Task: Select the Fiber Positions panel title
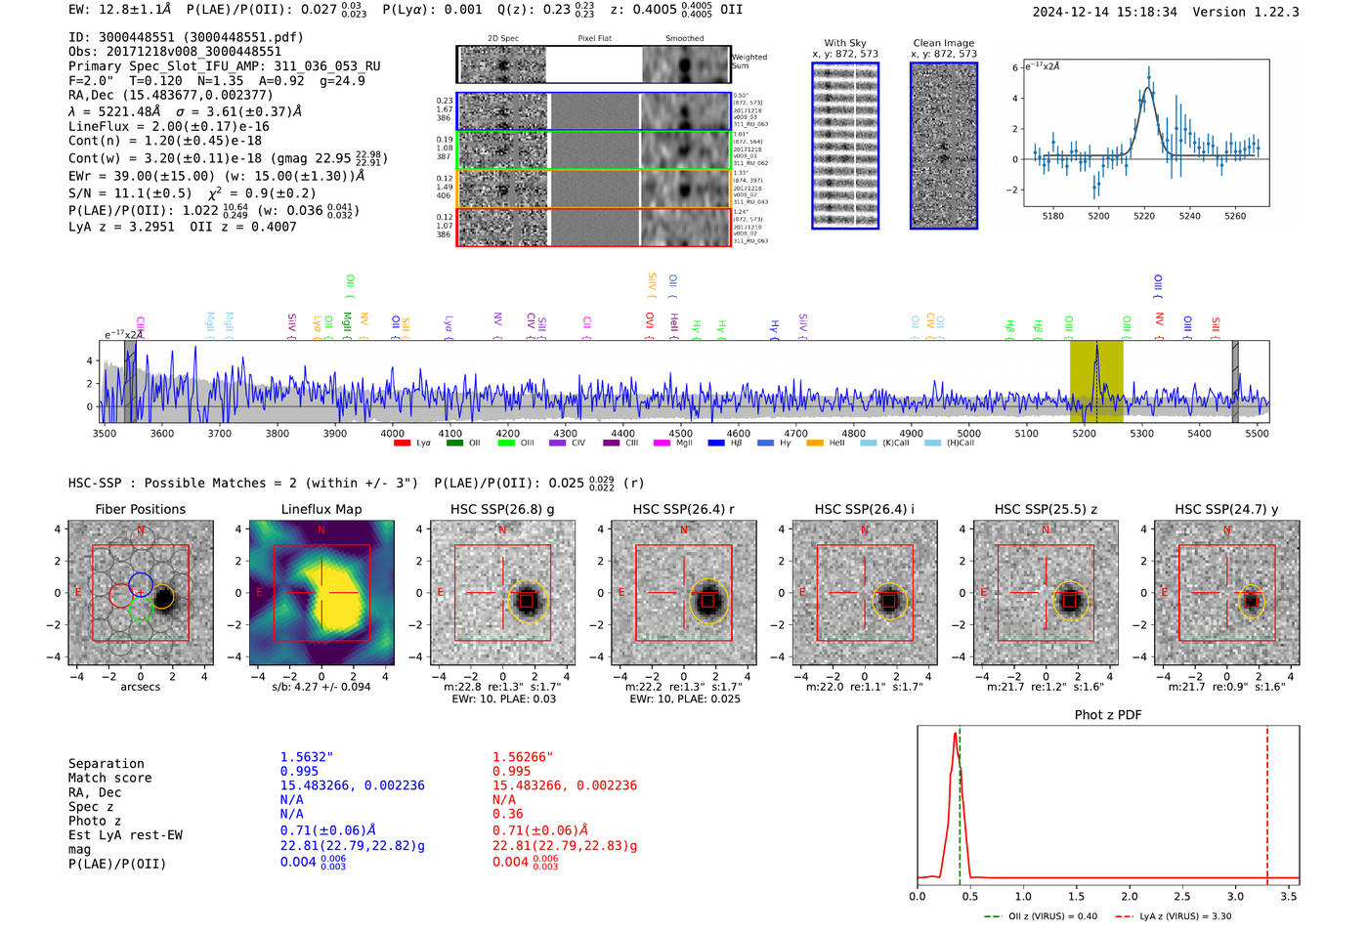pyautogui.click(x=140, y=509)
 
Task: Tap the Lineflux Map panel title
pyautogui.click(x=321, y=509)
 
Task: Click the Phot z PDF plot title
pyautogui.click(x=1108, y=715)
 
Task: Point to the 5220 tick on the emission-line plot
pyautogui.click(x=1144, y=216)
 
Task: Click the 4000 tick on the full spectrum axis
pyautogui.click(x=392, y=434)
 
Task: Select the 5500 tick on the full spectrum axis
pyautogui.click(x=1257, y=434)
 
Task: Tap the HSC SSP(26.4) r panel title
pyautogui.click(x=683, y=509)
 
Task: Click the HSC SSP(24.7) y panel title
pyautogui.click(x=1226, y=509)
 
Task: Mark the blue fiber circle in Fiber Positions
pyautogui.click(x=140, y=584)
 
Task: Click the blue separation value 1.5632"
pyautogui.click(x=306, y=757)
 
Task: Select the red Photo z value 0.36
pyautogui.click(x=507, y=814)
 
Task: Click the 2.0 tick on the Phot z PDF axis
pyautogui.click(x=1130, y=896)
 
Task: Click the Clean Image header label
pyautogui.click(x=943, y=43)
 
